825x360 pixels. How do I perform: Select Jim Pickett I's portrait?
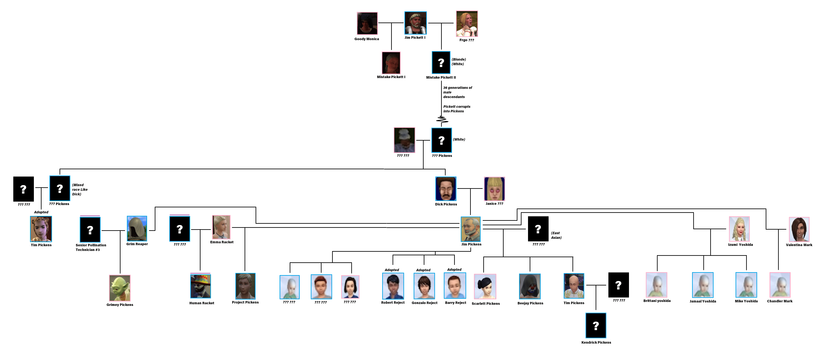pos(415,23)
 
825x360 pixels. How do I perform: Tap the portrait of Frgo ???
pos(467,24)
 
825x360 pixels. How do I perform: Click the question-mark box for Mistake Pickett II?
pos(441,63)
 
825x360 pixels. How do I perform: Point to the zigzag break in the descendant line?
pos(442,120)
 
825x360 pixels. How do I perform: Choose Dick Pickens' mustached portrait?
pos(446,189)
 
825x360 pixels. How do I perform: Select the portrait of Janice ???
pos(494,189)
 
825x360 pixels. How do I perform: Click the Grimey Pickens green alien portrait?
pos(120,288)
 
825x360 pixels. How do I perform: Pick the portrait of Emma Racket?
pos(221,227)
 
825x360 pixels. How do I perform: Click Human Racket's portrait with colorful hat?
pos(200,286)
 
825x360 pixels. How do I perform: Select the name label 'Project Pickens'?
pos(245,302)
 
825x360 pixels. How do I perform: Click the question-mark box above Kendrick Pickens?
pos(596,325)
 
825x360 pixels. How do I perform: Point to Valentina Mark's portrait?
pos(799,229)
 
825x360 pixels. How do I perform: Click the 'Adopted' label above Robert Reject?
pos(392,270)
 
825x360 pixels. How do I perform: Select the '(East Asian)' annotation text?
pos(556,235)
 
